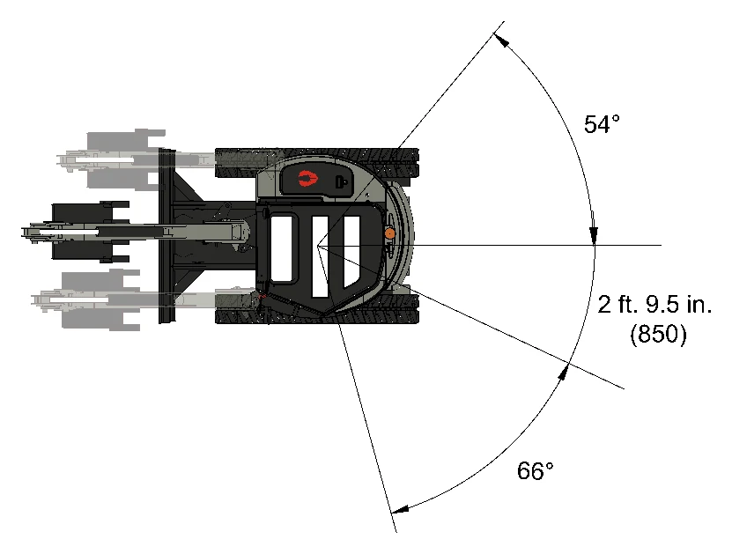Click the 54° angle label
[602, 124]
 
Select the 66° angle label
[535, 470]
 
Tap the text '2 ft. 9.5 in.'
[654, 305]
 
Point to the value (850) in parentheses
[658, 334]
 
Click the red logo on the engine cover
[307, 178]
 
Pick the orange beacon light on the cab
[389, 233]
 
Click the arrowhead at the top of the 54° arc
[501, 41]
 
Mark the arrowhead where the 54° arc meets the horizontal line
[594, 235]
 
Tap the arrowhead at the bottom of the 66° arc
[400, 509]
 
